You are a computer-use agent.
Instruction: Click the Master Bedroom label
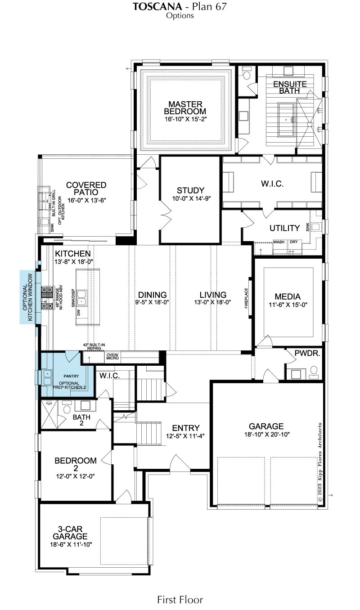(x=185, y=108)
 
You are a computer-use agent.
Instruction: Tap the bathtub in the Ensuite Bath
(x=286, y=119)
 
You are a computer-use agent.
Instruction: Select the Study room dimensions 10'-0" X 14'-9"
(x=191, y=198)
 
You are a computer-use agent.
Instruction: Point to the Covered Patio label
(x=86, y=188)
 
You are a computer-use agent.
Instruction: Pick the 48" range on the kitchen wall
(x=47, y=298)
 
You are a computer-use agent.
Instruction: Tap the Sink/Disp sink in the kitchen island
(x=81, y=297)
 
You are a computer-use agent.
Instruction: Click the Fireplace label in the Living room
(x=246, y=298)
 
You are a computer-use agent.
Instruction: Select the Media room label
(x=288, y=296)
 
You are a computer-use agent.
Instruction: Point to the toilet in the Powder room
(x=314, y=372)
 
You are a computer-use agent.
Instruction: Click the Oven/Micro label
(x=112, y=356)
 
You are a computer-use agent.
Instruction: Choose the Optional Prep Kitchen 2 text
(x=69, y=386)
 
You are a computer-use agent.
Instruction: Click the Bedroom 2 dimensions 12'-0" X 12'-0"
(x=76, y=476)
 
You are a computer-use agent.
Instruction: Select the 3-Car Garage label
(x=70, y=533)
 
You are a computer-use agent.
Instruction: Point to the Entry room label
(x=186, y=428)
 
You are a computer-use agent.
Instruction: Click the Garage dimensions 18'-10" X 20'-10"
(x=267, y=435)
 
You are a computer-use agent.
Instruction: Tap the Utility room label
(x=284, y=228)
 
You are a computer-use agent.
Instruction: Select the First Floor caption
(x=180, y=600)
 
